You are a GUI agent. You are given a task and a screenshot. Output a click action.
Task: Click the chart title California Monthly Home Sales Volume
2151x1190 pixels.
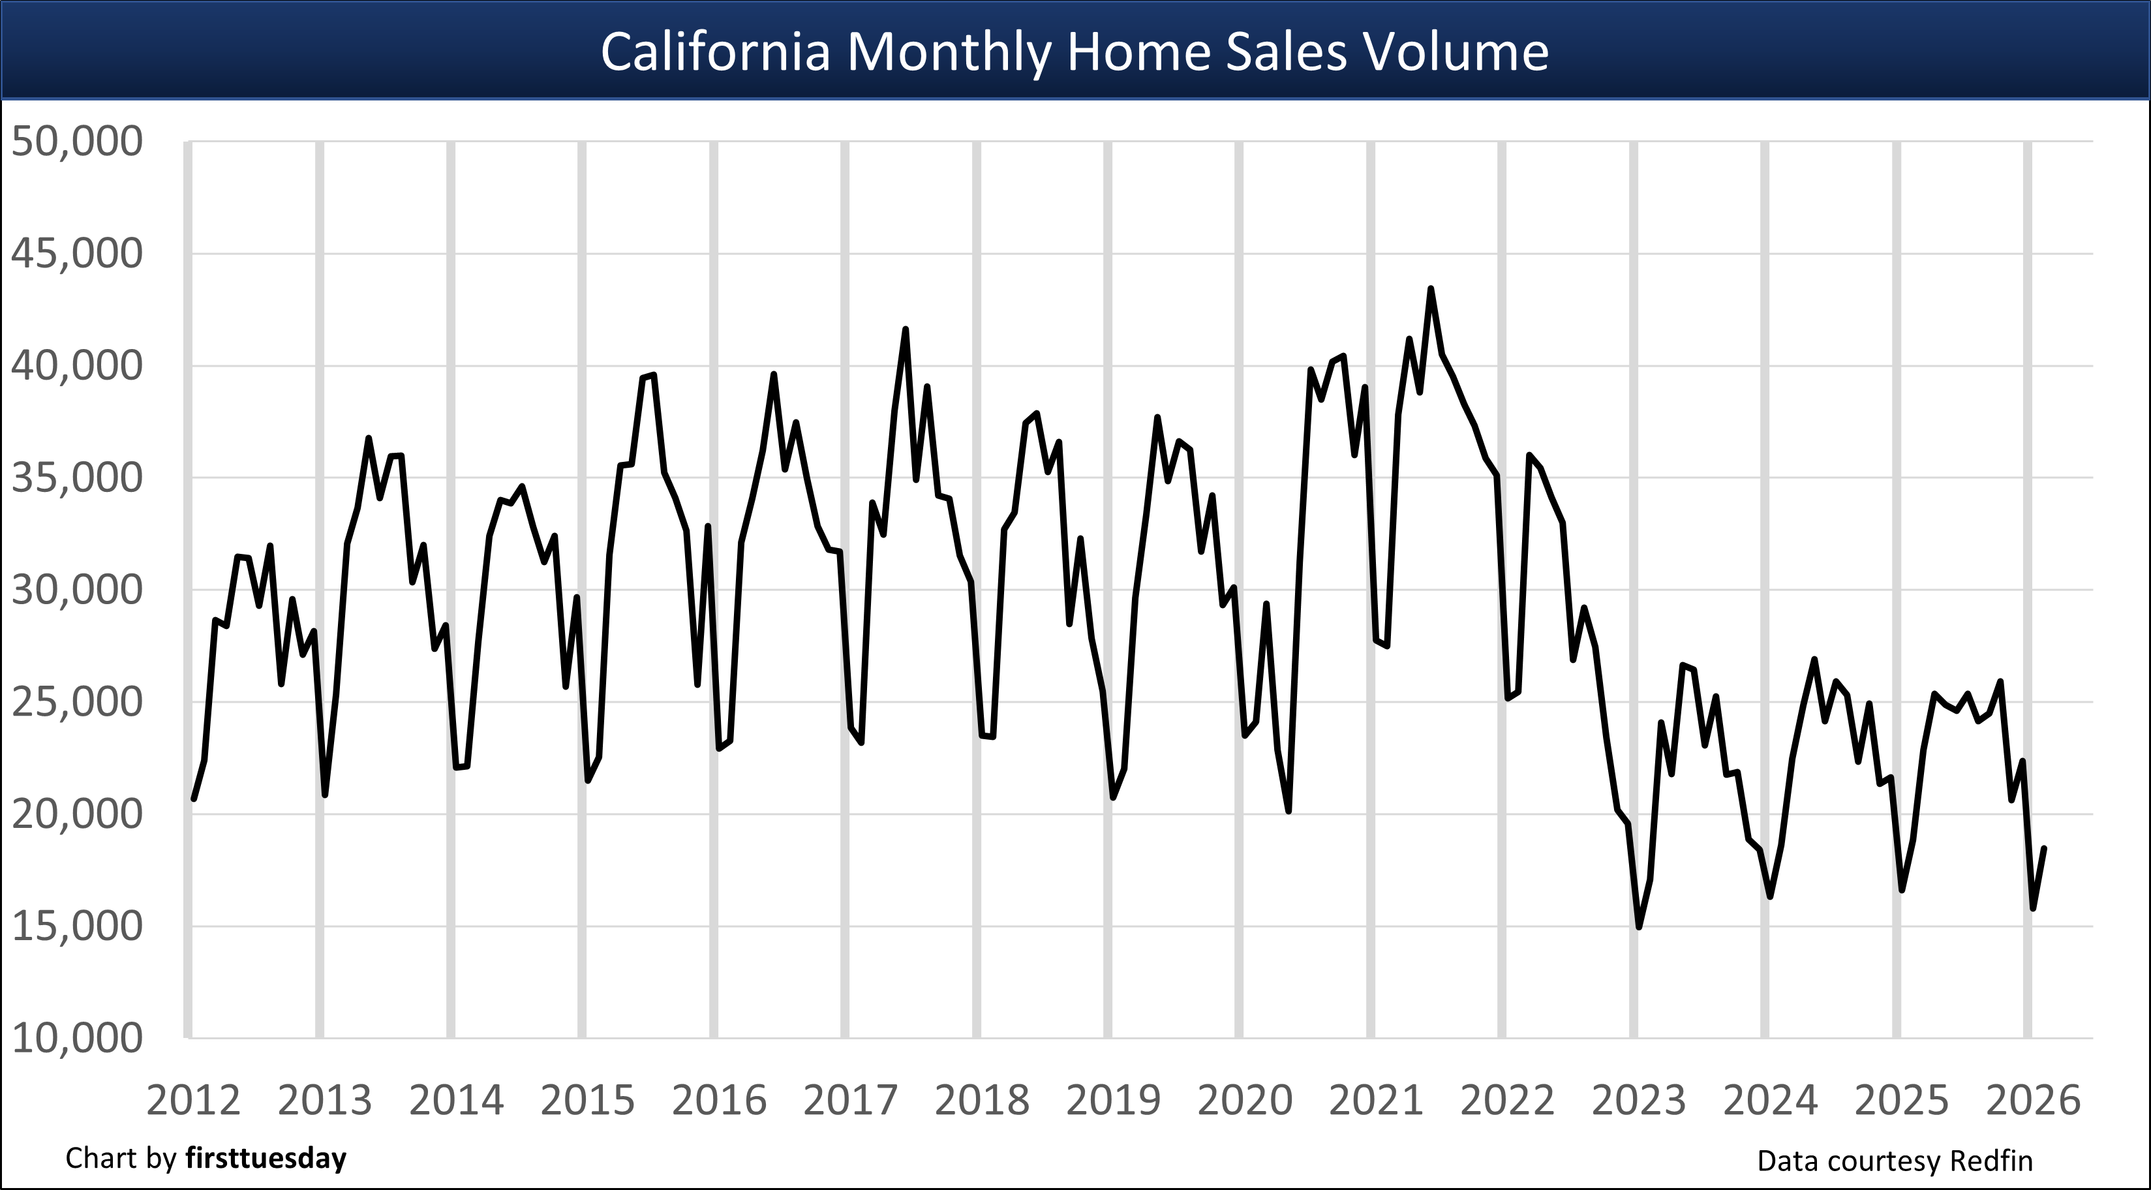[1075, 52]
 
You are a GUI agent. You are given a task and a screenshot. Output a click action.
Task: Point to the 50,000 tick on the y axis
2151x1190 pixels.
[77, 141]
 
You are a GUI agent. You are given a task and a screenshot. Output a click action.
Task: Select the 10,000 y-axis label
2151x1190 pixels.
[77, 1038]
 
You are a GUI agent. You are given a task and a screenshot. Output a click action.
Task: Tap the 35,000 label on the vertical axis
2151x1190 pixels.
[77, 478]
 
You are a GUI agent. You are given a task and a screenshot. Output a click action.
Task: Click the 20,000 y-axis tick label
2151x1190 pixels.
[77, 814]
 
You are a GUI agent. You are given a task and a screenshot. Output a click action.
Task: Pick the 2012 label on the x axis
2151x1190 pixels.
[193, 1101]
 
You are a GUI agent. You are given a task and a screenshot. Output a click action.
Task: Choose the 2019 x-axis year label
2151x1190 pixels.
[1113, 1101]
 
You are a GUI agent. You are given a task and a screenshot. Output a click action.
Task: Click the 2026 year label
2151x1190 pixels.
[2032, 1101]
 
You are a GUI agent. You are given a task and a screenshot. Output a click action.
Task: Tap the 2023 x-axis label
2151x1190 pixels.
[1638, 1101]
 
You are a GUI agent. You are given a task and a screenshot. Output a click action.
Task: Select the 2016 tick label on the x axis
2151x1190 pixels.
[719, 1101]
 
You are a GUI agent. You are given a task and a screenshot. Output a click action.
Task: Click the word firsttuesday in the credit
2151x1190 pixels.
[266, 1158]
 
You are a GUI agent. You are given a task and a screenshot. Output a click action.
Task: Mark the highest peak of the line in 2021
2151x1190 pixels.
[1430, 289]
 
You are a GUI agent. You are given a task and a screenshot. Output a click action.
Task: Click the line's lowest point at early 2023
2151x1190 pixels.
[1638, 927]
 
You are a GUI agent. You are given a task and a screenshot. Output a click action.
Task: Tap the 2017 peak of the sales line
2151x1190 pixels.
[905, 330]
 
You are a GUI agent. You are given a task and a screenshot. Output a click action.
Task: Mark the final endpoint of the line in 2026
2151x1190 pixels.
[2043, 848]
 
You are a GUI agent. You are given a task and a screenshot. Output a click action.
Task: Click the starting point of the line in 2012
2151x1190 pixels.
[194, 799]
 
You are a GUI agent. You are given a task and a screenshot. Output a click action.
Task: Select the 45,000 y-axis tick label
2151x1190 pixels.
[77, 254]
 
